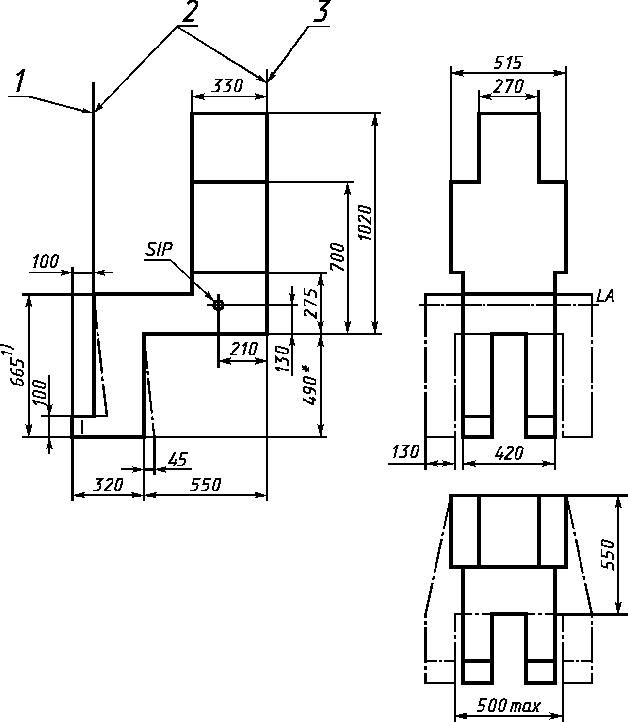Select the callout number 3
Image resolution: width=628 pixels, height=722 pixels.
(x=321, y=12)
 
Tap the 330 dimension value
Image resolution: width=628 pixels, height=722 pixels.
(x=227, y=86)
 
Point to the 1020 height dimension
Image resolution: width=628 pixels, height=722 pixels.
(x=365, y=223)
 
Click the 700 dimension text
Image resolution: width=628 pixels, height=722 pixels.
(x=338, y=257)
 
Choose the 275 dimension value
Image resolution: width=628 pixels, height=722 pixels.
(x=311, y=304)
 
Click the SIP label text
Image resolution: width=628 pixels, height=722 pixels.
(x=159, y=249)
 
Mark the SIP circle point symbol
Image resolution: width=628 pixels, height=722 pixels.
(x=218, y=305)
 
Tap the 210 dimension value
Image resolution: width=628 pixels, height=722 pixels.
(x=243, y=349)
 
